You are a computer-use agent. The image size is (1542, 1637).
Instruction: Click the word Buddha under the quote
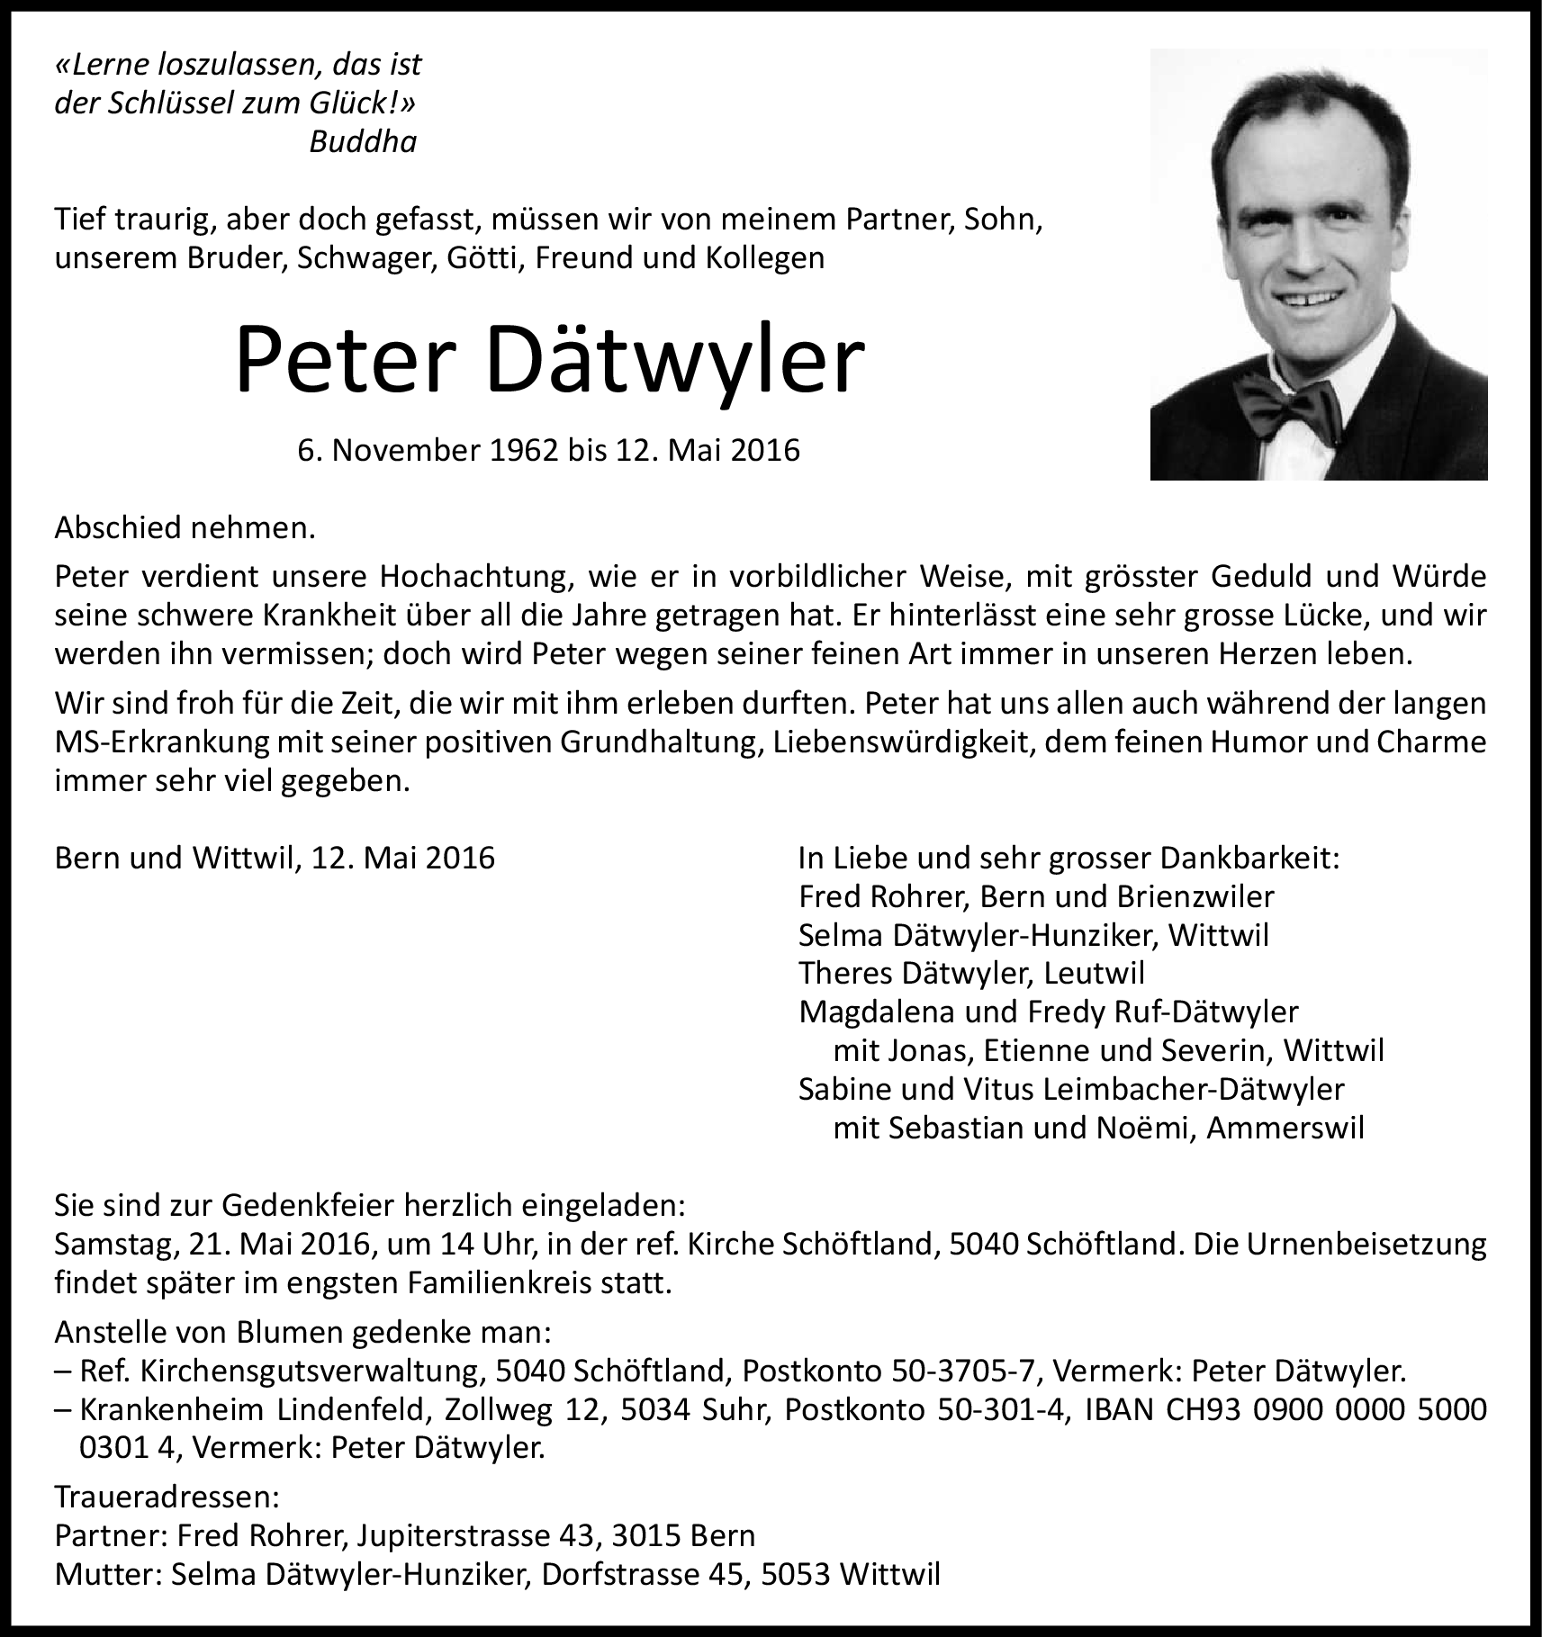tap(363, 142)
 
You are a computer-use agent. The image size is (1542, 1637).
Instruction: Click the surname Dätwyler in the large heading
tap(676, 363)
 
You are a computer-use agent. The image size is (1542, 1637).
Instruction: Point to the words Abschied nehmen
tap(185, 527)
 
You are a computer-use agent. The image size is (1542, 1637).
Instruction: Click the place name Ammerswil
tap(1285, 1128)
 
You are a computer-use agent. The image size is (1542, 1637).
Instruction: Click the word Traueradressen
tap(167, 1497)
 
